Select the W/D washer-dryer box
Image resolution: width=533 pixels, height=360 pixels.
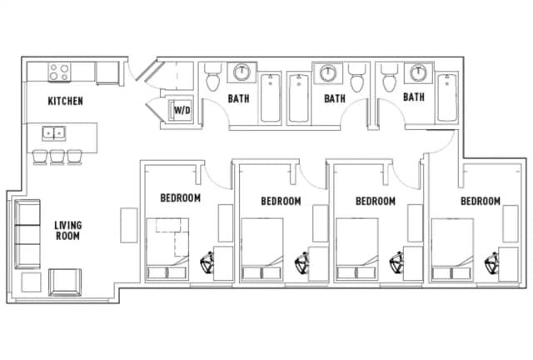(182, 109)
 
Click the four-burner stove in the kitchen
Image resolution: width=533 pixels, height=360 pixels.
(58, 72)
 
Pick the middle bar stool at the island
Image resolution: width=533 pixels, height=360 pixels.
(57, 156)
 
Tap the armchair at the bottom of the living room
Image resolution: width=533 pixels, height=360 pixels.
(64, 282)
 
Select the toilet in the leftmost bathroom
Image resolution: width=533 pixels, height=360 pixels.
(212, 80)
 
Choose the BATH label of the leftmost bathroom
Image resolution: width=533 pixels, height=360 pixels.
(240, 98)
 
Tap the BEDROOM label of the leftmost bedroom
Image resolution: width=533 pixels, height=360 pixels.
(181, 198)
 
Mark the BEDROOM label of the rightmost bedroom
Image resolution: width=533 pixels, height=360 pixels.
(481, 201)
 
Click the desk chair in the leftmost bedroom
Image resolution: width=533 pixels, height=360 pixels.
(208, 264)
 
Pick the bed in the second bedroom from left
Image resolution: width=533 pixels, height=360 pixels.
(264, 248)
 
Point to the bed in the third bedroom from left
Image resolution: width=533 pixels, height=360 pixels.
(359, 248)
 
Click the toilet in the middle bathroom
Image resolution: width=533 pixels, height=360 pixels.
(357, 81)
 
